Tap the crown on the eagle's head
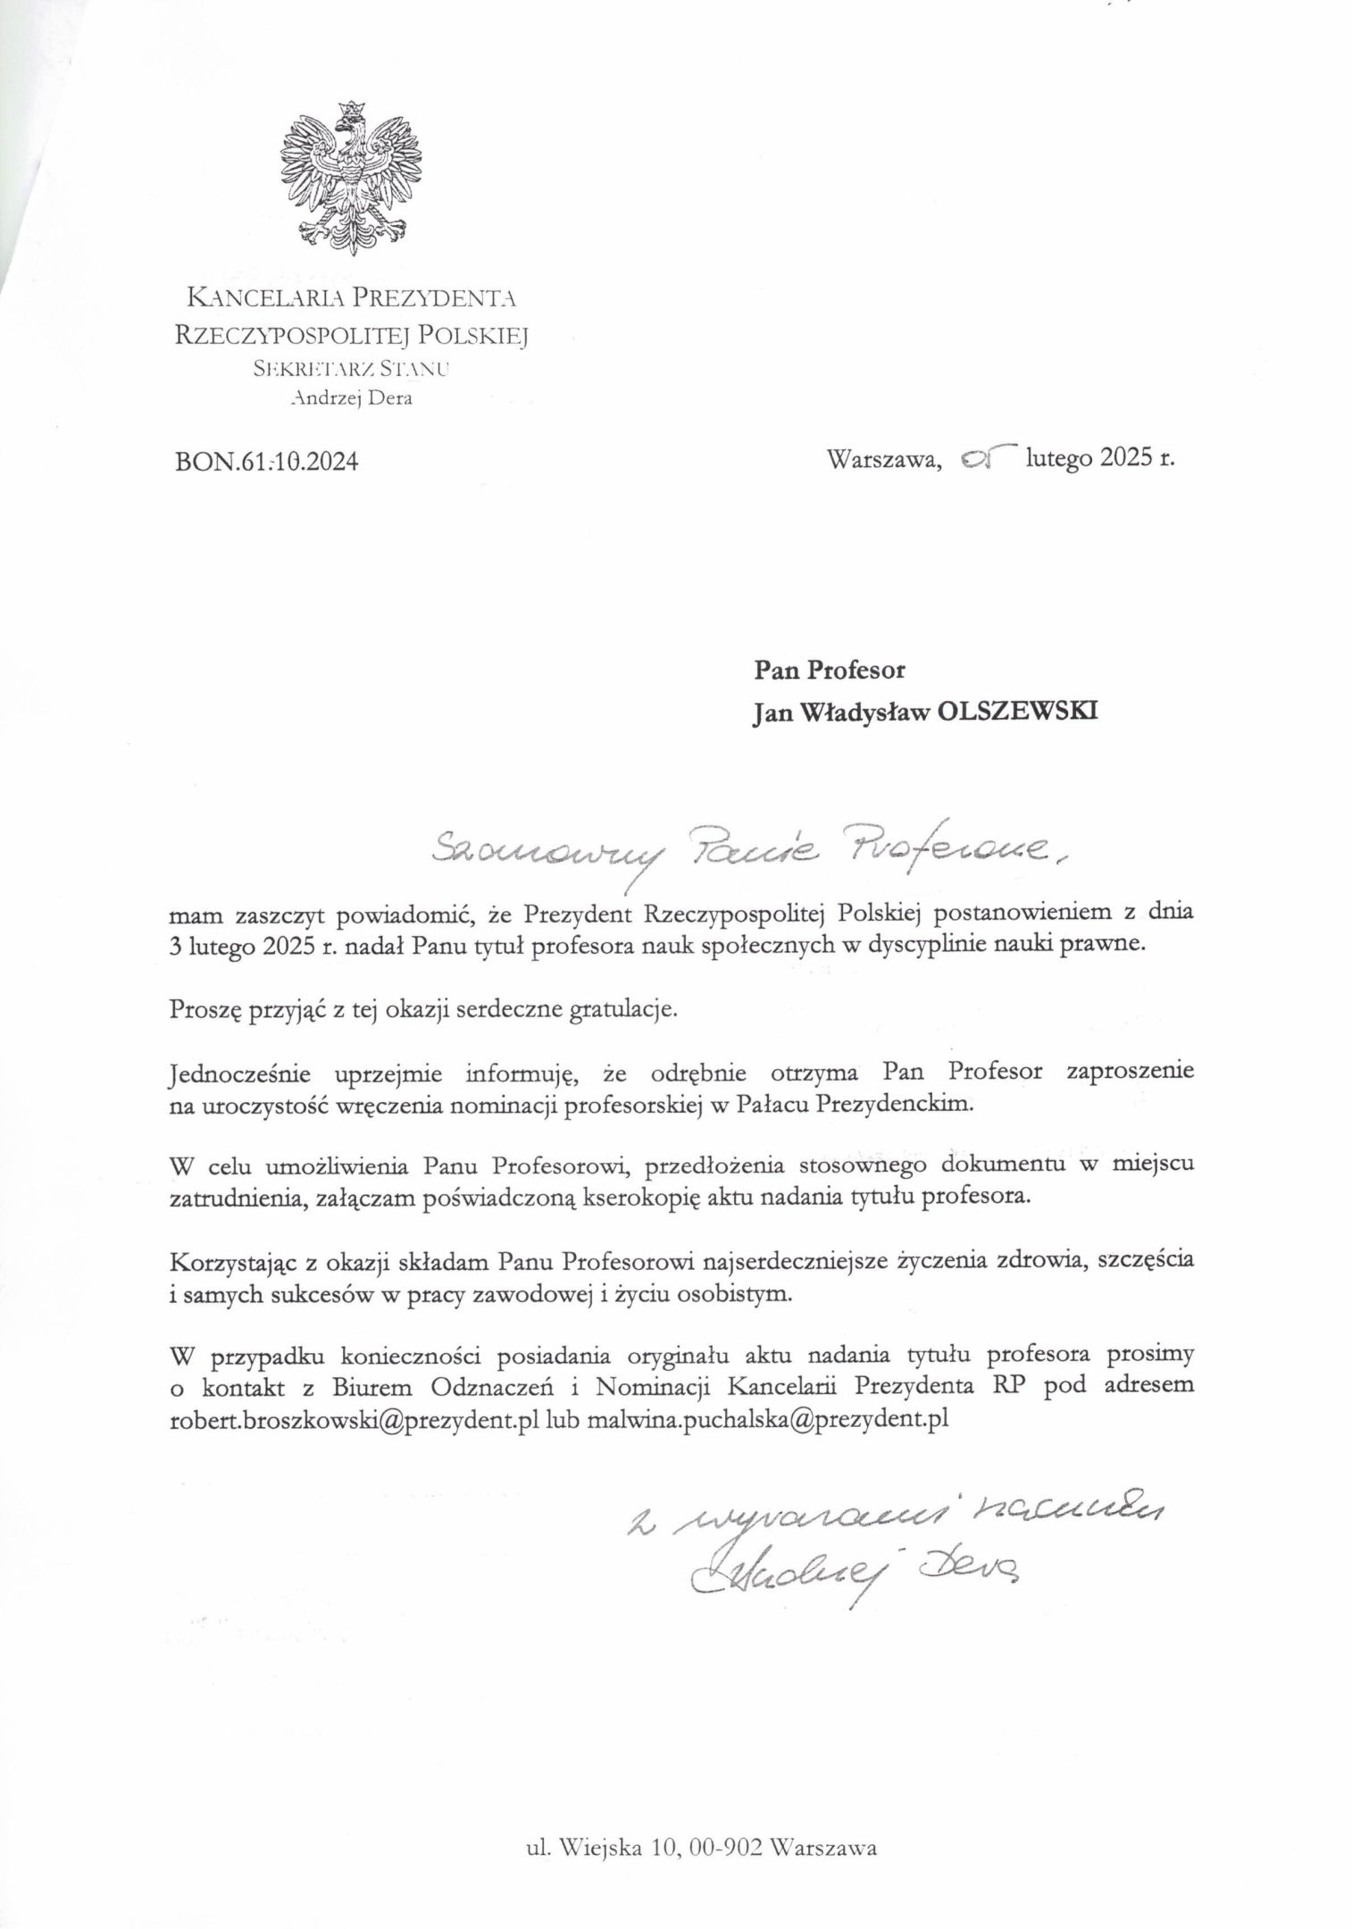(x=350, y=111)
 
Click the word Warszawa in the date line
(x=885, y=460)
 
